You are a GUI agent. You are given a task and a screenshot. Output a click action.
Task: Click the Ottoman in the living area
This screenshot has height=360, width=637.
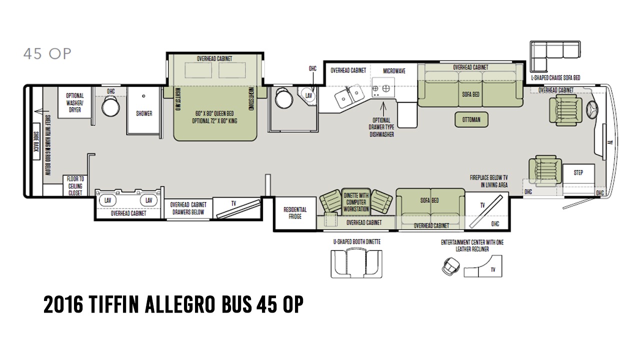pos(471,119)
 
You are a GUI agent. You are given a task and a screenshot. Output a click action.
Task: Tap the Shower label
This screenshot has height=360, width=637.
pos(144,113)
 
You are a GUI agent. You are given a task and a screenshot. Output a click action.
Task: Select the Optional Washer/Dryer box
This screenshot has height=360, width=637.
pos(75,102)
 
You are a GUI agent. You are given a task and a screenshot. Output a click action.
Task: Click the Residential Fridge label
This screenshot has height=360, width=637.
pos(295,213)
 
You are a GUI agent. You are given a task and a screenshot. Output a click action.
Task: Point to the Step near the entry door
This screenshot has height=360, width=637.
pos(578,173)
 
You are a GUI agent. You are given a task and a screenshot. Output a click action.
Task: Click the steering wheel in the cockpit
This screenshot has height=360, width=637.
pos(592,110)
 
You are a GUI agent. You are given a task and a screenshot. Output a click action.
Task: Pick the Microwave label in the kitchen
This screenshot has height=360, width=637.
pos(394,71)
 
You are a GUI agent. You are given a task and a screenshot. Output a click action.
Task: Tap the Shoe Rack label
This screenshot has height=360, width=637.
pos(36,141)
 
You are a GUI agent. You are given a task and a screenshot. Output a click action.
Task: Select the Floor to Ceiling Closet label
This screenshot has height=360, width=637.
pos(75,186)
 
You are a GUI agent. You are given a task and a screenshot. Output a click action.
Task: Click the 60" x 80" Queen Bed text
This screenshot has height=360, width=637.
pos(214,113)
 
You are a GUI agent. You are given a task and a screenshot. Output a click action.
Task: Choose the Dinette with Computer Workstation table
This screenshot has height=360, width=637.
pos(356,202)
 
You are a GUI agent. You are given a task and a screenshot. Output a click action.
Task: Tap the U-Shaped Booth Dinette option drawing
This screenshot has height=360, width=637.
pos(356,263)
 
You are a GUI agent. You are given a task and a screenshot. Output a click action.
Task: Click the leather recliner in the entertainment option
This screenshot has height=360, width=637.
pos(450,266)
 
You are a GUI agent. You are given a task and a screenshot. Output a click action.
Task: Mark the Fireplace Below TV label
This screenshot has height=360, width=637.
pos(488,181)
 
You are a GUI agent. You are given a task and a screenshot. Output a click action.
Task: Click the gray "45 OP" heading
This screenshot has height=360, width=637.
pos(47,53)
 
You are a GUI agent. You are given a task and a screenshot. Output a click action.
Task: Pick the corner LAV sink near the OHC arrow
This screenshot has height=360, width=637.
pos(308,96)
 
